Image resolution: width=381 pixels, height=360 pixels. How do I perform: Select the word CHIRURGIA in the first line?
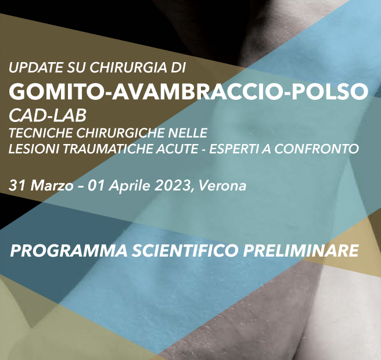[128, 67]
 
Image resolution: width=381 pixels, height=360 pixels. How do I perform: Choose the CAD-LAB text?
[48, 116]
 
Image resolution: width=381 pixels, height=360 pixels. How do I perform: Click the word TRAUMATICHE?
[107, 149]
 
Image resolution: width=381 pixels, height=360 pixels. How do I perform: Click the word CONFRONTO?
[317, 149]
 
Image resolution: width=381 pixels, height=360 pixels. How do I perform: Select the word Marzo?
[52, 186]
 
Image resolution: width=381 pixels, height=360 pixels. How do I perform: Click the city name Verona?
[222, 186]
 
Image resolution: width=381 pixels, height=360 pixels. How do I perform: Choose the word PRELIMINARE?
[301, 251]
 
